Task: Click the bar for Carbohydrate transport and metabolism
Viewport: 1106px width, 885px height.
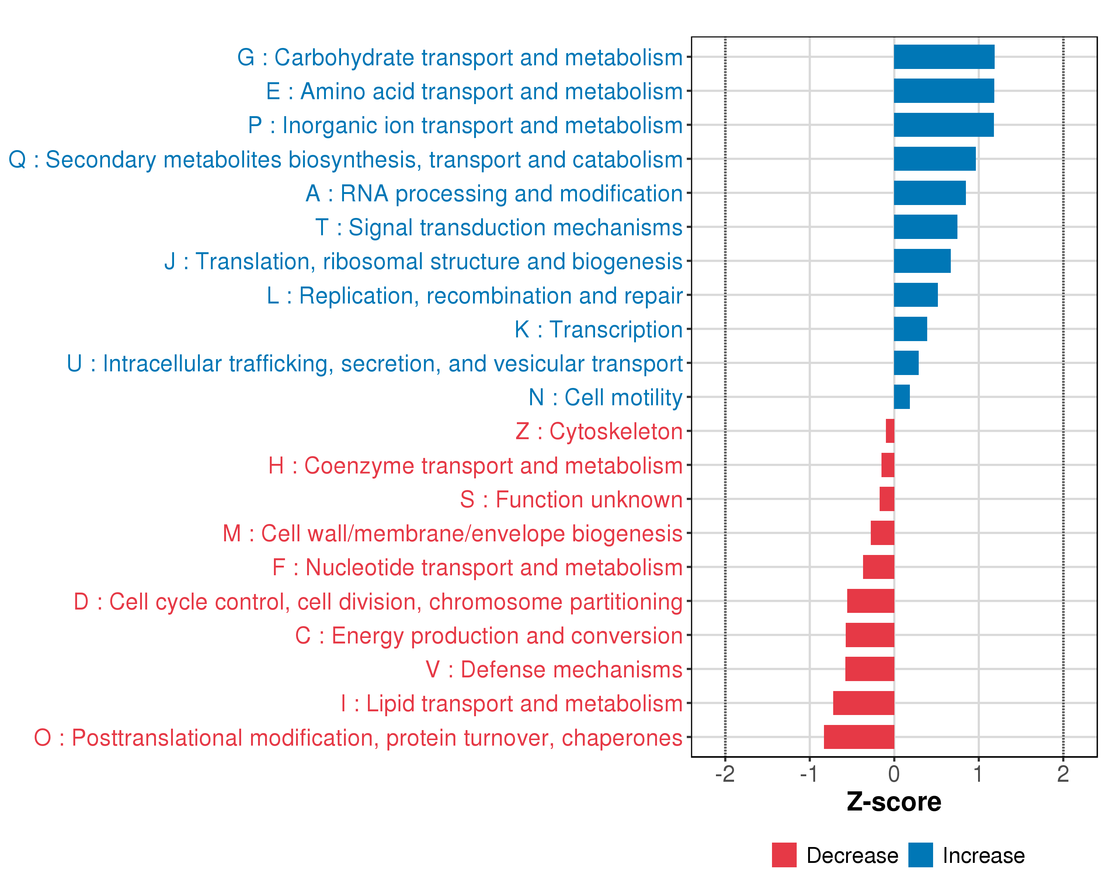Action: pyautogui.click(x=944, y=57)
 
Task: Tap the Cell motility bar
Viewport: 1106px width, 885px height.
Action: pyautogui.click(x=901, y=396)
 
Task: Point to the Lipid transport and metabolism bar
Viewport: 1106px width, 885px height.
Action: pyautogui.click(x=863, y=703)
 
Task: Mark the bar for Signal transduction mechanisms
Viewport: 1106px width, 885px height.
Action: pyautogui.click(x=925, y=227)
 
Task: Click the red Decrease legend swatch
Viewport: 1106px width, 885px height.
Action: pyautogui.click(x=784, y=855)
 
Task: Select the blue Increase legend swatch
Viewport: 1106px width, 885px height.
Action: pyautogui.click(x=920, y=855)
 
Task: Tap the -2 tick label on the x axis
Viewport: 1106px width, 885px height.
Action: pyautogui.click(x=725, y=774)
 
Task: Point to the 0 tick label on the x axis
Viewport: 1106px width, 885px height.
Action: pyautogui.click(x=894, y=774)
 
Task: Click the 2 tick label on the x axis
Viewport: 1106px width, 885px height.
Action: pyautogui.click(x=1063, y=774)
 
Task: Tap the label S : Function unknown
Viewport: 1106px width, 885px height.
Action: pyautogui.click(x=571, y=500)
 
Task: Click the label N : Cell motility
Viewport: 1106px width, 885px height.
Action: pyautogui.click(x=605, y=397)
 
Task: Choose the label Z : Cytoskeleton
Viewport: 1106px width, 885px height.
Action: pyautogui.click(x=599, y=431)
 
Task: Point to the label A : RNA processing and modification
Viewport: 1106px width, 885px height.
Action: pyautogui.click(x=494, y=194)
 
